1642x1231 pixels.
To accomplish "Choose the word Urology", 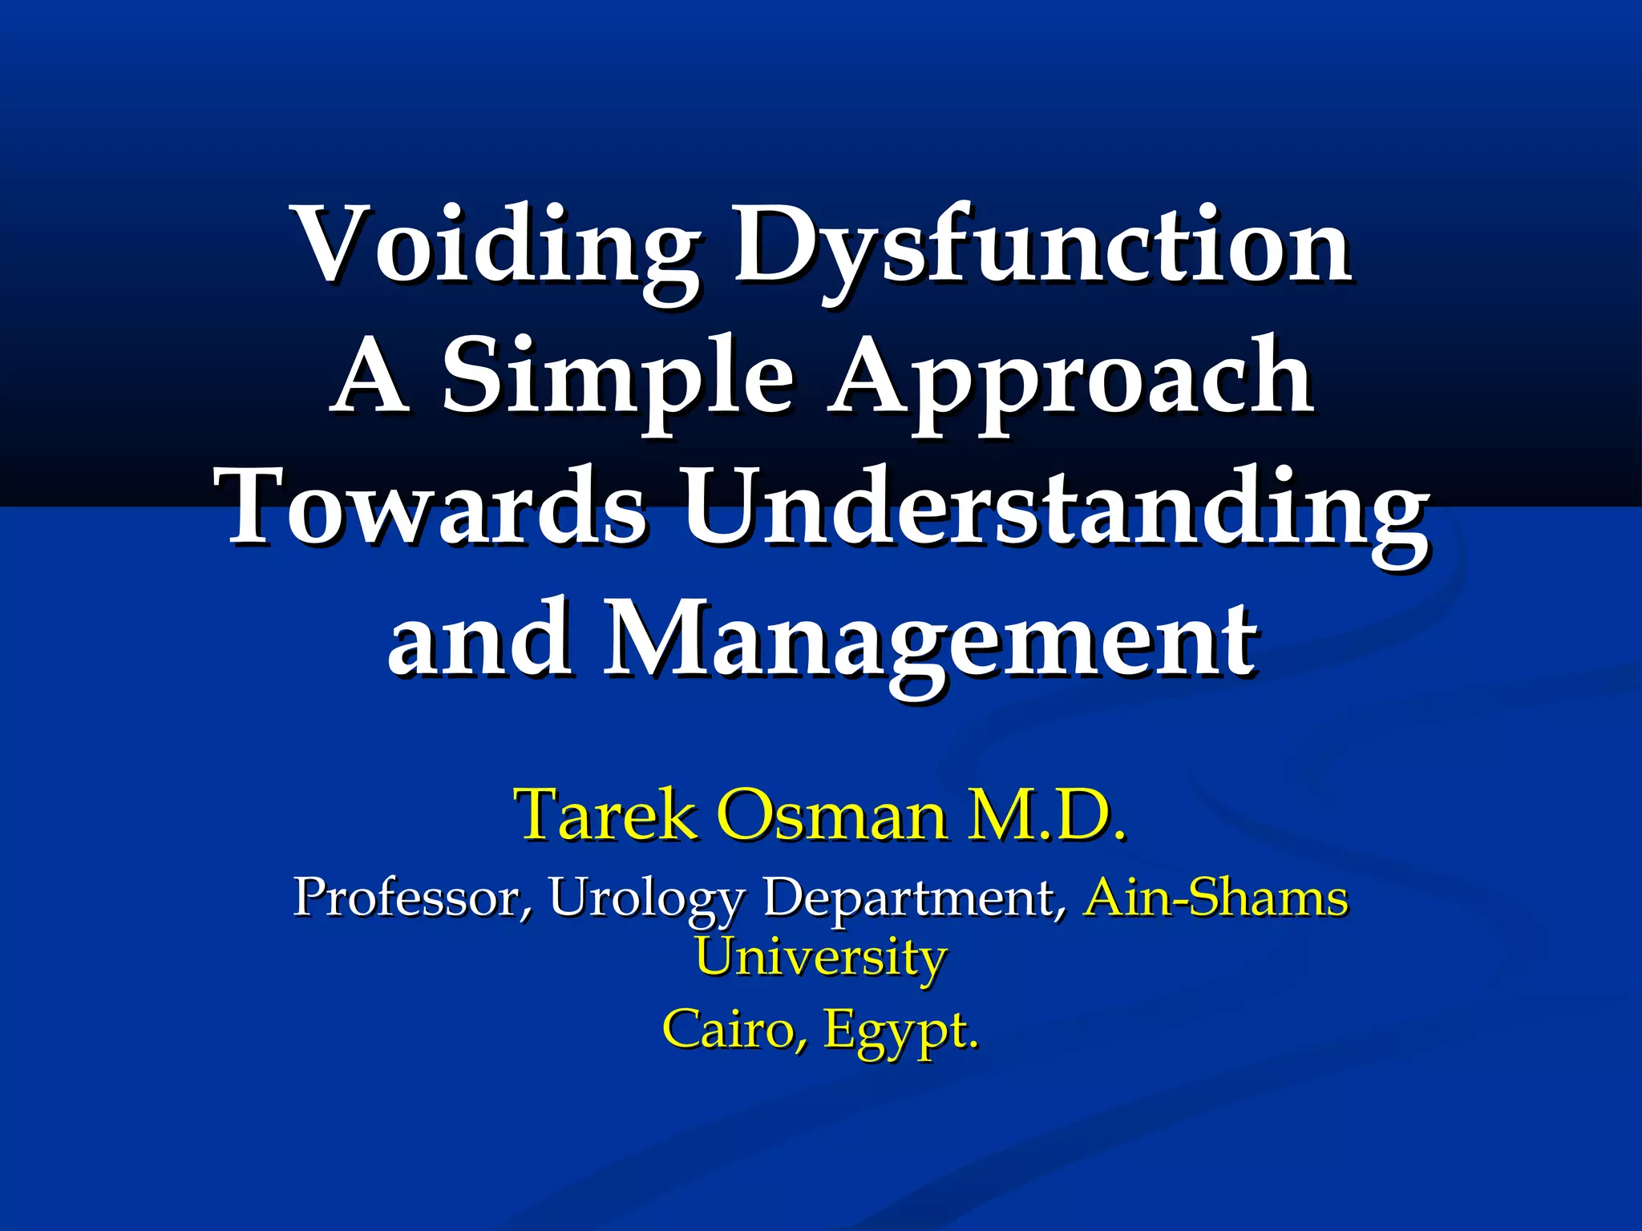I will tap(646, 897).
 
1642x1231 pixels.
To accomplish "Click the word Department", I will tap(915, 897).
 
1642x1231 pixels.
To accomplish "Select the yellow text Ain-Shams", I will tap(1215, 897).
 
